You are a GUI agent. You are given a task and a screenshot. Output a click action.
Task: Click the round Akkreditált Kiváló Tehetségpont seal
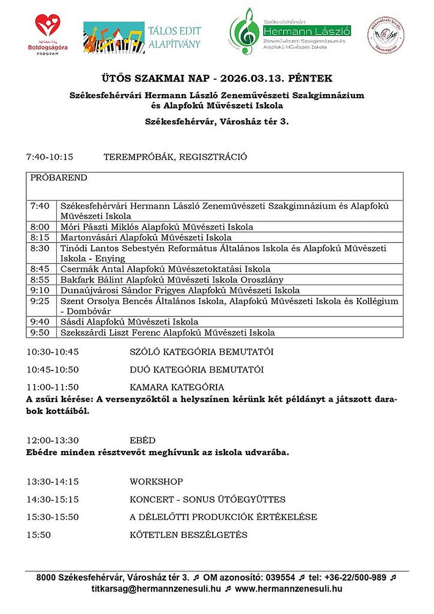[386, 35]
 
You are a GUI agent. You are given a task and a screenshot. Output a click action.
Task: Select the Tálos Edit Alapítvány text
[174, 37]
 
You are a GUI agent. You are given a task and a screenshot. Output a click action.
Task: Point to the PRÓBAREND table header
[59, 178]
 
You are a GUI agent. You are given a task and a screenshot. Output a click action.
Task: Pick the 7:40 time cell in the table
[40, 206]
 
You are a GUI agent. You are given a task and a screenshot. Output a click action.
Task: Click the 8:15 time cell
[40, 238]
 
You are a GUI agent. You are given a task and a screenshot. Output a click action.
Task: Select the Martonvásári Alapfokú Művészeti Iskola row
[146, 238]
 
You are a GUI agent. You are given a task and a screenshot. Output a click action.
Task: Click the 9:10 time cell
[40, 290]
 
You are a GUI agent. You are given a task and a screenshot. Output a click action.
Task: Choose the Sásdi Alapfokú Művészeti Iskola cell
[129, 322]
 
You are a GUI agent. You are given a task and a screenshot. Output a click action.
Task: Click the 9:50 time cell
[40, 333]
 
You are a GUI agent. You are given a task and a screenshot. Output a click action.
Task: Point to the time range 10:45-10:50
[53, 370]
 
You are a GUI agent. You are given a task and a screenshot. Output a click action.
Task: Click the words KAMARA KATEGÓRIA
[177, 387]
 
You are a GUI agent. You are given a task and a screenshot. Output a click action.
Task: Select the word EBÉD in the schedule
[142, 440]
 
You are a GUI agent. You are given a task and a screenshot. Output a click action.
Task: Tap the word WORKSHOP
[156, 482]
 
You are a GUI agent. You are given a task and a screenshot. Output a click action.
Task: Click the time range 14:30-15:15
[53, 499]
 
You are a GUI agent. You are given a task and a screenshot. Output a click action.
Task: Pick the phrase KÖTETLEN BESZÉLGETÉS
[188, 535]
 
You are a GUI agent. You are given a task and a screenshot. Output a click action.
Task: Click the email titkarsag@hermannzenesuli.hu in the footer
[156, 589]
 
